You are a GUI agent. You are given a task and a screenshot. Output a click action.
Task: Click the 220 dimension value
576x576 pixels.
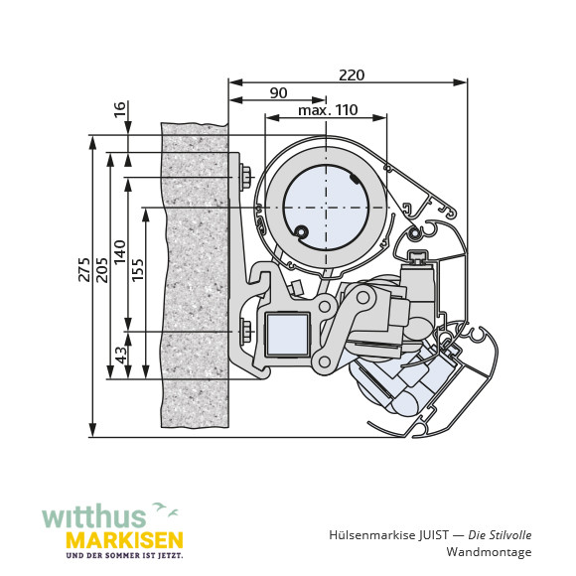click(352, 75)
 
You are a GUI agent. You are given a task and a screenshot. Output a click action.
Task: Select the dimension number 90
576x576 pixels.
click(278, 93)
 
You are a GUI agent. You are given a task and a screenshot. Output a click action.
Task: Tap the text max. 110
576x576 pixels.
click(328, 110)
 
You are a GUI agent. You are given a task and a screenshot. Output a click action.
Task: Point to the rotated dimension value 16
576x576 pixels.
click(120, 109)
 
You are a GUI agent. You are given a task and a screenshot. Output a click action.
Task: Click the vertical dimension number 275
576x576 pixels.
click(84, 270)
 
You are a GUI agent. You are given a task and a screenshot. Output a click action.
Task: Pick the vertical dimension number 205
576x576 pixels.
click(102, 270)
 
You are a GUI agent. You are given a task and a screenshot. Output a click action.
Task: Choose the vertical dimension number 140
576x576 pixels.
click(120, 252)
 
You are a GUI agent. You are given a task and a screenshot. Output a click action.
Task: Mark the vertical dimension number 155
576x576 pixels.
click(138, 270)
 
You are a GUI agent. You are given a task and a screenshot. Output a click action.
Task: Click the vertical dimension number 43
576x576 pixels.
click(121, 355)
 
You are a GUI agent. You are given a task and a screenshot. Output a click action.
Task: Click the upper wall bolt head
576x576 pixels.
click(245, 178)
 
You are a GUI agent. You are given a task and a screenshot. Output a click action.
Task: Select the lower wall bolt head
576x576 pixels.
click(245, 332)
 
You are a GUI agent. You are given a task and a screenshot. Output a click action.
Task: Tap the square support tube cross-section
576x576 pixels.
click(287, 335)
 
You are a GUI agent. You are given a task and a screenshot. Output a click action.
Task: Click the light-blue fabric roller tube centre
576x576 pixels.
click(326, 209)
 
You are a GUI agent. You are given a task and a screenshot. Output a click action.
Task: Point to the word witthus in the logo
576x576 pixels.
click(94, 518)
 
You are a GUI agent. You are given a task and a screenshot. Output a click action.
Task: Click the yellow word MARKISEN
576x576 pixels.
click(124, 540)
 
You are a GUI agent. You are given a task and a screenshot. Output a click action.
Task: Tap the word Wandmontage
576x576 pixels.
click(489, 552)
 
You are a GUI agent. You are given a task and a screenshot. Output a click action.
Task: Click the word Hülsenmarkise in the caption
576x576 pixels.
click(372, 535)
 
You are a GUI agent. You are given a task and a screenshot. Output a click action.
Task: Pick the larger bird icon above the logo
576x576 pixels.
click(159, 506)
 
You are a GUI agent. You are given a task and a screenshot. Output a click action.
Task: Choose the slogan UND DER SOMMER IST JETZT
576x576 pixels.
click(124, 556)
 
